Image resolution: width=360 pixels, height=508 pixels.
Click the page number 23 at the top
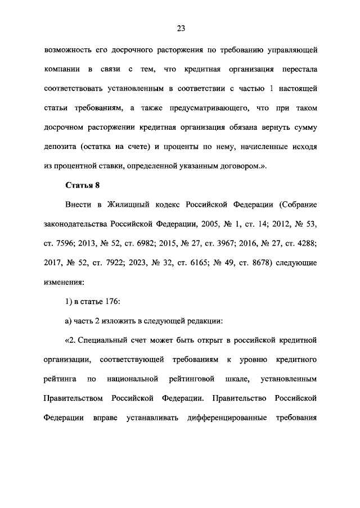180,28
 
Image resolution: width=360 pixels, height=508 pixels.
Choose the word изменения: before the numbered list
66,282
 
